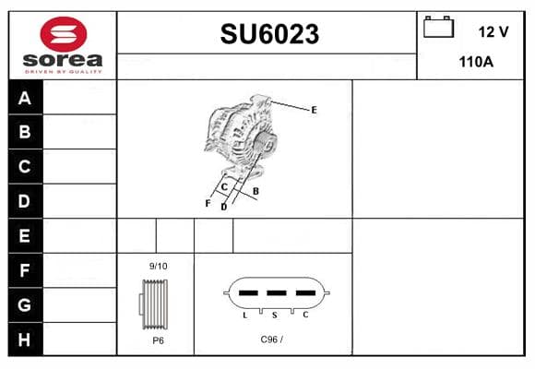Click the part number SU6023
269,34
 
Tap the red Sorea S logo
64,34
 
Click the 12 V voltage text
493,31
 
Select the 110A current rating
476,62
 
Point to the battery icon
438,27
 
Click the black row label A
25,98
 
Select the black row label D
24,201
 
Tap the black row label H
24,339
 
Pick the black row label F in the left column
24,270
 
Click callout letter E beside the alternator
314,110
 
